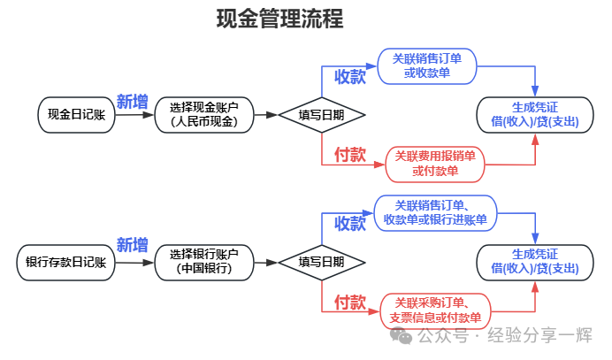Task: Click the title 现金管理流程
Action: [x=279, y=19]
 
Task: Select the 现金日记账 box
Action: [x=78, y=114]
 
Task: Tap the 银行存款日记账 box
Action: [x=65, y=262]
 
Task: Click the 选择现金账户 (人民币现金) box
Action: [x=204, y=114]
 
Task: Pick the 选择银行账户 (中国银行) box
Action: [x=204, y=262]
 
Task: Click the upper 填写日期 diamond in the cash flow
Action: [x=321, y=114]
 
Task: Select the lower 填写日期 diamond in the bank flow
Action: [x=321, y=262]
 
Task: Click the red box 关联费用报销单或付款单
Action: [x=435, y=163]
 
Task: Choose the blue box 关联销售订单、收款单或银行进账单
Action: [x=435, y=212]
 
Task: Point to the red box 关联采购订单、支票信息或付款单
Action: [x=435, y=310]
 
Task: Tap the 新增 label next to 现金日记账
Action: [x=133, y=101]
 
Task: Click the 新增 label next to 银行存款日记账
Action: [x=133, y=245]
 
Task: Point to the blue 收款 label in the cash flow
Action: [x=349, y=77]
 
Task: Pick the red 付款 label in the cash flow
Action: [x=349, y=155]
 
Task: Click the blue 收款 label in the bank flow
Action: [x=349, y=224]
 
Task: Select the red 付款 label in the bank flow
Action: [x=349, y=303]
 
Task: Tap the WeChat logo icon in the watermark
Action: [x=402, y=336]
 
